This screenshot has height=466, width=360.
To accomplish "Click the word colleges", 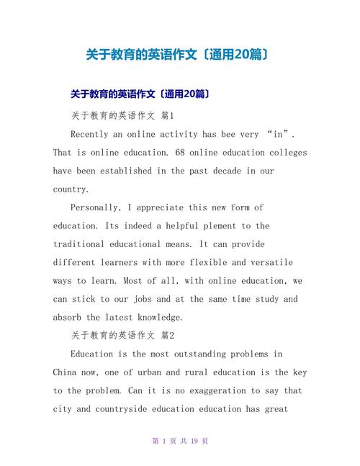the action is click(x=283, y=153).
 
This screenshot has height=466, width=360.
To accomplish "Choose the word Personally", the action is click(x=97, y=207).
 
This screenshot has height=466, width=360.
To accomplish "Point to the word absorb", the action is click(x=68, y=317).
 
